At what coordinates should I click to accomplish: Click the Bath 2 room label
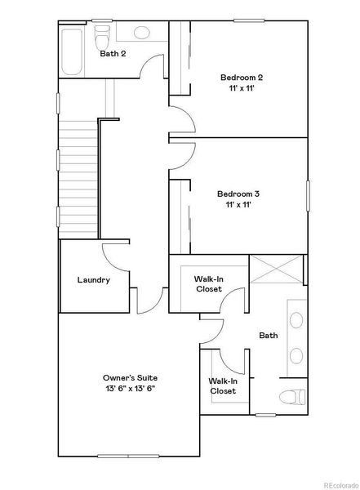[113, 54]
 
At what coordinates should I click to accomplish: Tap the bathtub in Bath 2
[71, 51]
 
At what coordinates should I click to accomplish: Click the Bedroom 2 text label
[241, 78]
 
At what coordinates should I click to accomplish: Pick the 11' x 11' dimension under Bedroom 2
[241, 90]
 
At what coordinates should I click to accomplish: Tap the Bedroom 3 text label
[238, 194]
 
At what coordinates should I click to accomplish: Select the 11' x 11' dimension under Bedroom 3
[238, 206]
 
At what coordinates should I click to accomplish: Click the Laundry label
[93, 280]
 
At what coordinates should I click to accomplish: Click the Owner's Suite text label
[130, 377]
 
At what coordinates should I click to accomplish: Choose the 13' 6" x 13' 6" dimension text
[130, 390]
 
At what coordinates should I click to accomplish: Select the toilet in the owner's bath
[291, 399]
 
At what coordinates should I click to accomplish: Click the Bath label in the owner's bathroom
[269, 336]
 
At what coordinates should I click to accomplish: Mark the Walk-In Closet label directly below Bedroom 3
[209, 283]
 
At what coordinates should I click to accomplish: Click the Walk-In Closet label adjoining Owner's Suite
[222, 385]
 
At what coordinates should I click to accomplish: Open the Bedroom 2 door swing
[183, 119]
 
